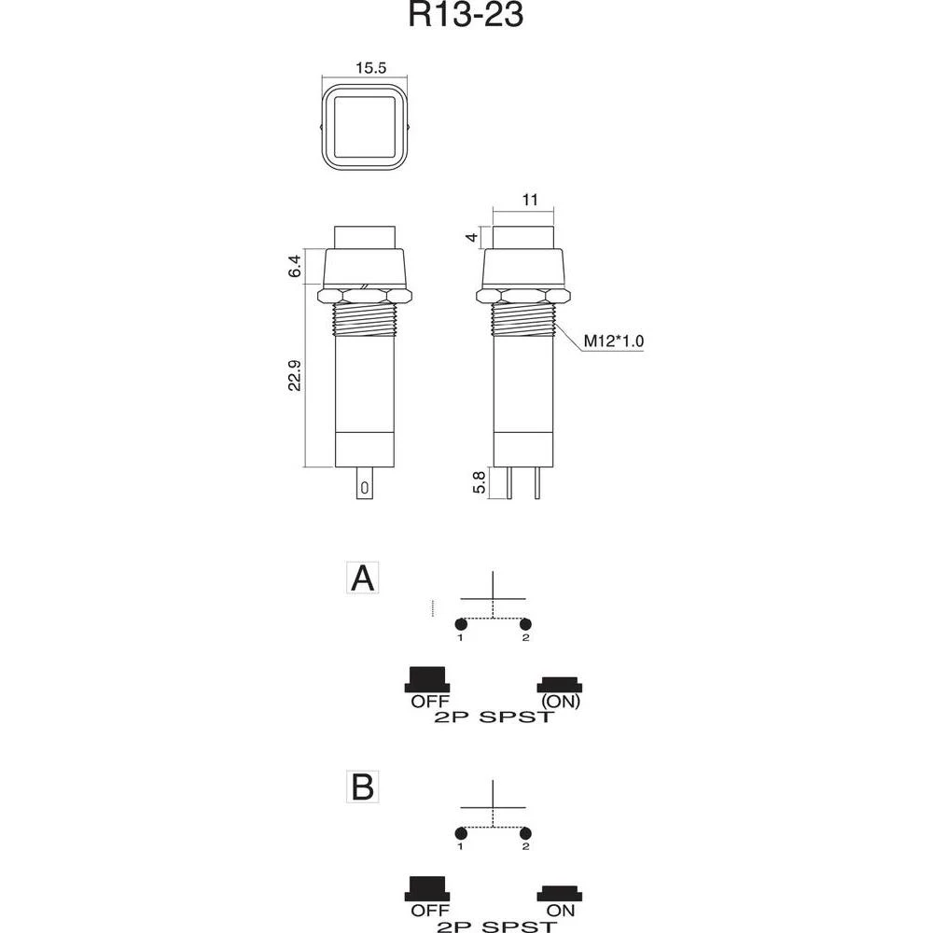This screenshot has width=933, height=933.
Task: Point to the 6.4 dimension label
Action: pos(296,268)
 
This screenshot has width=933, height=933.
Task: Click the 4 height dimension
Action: pos(473,238)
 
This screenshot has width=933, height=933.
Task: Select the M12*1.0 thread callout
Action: pos(614,342)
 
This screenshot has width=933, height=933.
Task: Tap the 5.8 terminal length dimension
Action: pos(479,482)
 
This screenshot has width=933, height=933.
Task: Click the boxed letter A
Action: pos(361,578)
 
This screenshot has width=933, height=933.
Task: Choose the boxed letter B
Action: pos(361,787)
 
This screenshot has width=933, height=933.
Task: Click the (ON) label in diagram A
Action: pos(560,703)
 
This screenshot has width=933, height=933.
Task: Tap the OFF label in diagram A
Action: pos(430,703)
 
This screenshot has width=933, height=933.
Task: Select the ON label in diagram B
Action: pos(560,911)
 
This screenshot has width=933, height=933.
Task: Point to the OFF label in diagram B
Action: pos(430,911)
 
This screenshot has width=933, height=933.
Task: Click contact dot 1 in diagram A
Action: pos(460,623)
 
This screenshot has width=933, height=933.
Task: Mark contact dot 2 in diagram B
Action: pos(525,832)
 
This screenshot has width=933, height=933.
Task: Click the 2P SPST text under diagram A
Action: pos(494,717)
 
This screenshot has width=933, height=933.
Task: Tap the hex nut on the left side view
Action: pos(364,295)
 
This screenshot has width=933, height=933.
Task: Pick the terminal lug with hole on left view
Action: pos(365,485)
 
